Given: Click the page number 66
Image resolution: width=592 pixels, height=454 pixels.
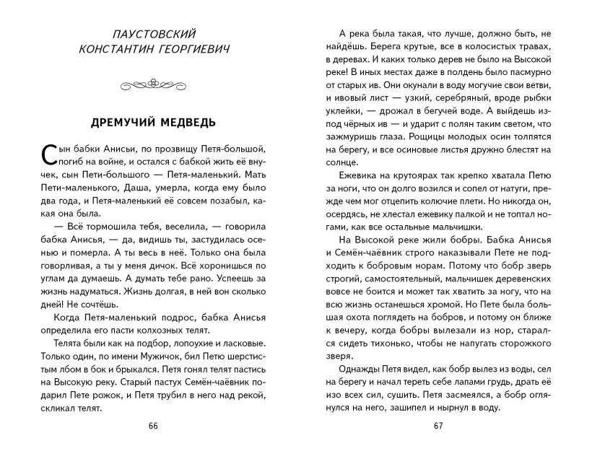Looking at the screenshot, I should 153,425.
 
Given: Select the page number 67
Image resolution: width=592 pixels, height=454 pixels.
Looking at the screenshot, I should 438,425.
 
